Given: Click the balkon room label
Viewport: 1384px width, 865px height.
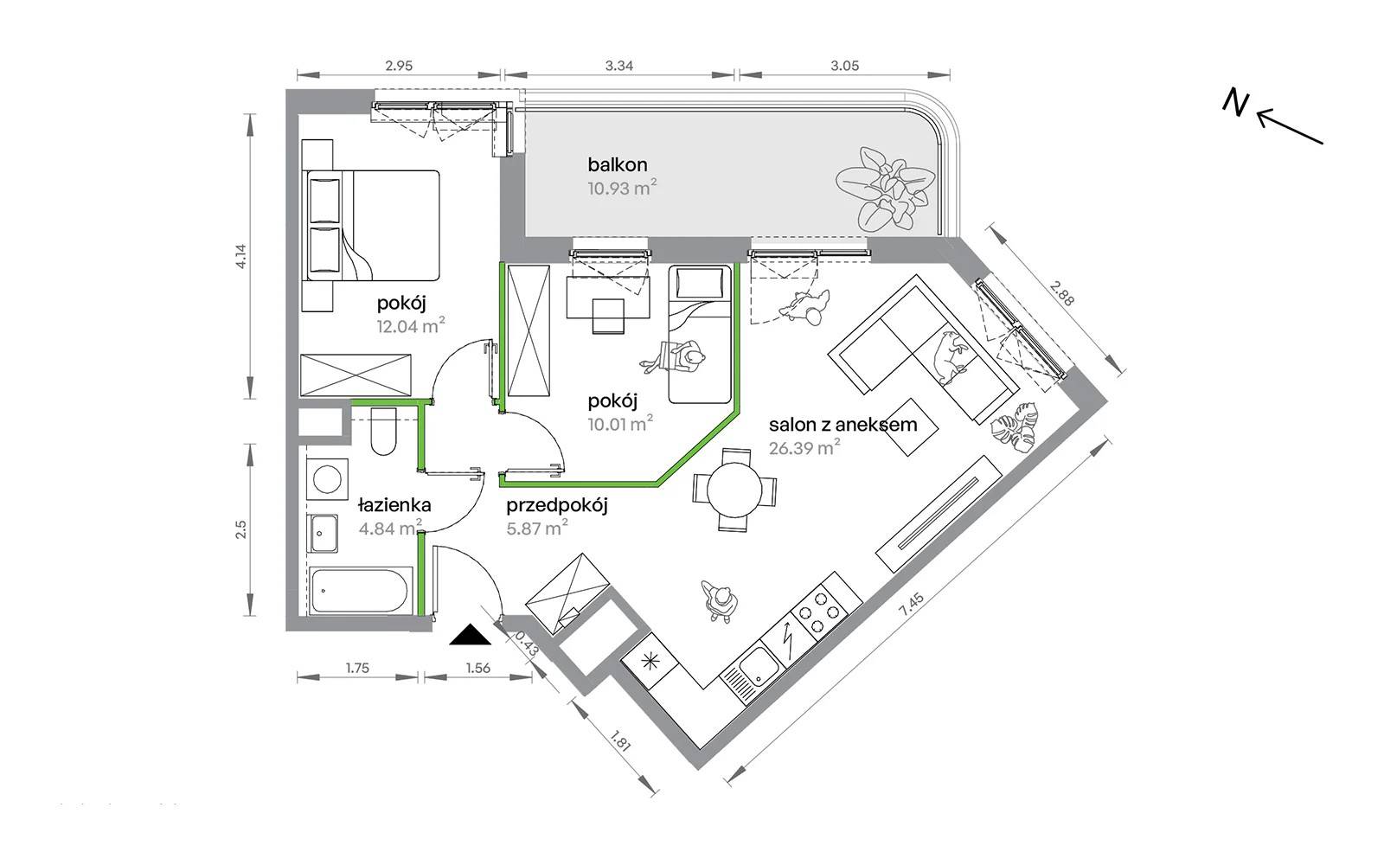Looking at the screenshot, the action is pos(618,165).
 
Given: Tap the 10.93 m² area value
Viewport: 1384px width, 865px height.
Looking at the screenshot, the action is pos(622,188).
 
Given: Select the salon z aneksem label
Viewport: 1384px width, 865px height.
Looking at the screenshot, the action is pos(843,425).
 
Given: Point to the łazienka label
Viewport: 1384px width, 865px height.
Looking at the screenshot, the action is pos(394,505).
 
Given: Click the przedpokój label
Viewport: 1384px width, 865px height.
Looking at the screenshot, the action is pos(557,506).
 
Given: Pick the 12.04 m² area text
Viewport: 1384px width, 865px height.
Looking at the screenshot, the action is pos(411,325).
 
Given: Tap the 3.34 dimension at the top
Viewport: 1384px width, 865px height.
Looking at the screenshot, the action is pos(619,66).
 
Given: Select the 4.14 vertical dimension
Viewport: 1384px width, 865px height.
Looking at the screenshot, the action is pos(240,256).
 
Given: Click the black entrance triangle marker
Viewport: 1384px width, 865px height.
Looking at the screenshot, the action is pos(471,636).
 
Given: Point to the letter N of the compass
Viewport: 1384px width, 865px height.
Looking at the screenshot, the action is pos(1236,103).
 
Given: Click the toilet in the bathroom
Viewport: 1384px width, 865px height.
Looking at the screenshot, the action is pos(383,431).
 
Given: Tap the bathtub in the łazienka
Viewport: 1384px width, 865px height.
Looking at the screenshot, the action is pos(360,591).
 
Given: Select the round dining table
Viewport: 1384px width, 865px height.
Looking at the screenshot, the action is pos(734,490).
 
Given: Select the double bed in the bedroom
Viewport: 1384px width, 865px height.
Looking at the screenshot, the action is pos(371,226).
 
